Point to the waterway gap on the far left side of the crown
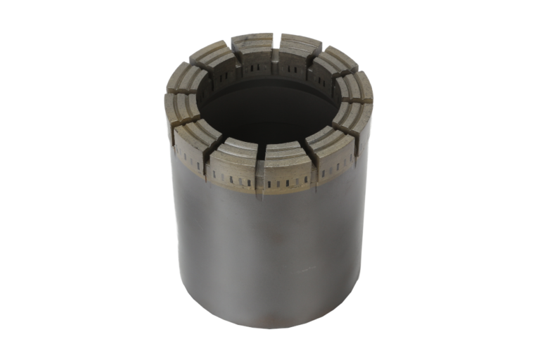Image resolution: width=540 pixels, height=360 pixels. coord(169,95)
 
